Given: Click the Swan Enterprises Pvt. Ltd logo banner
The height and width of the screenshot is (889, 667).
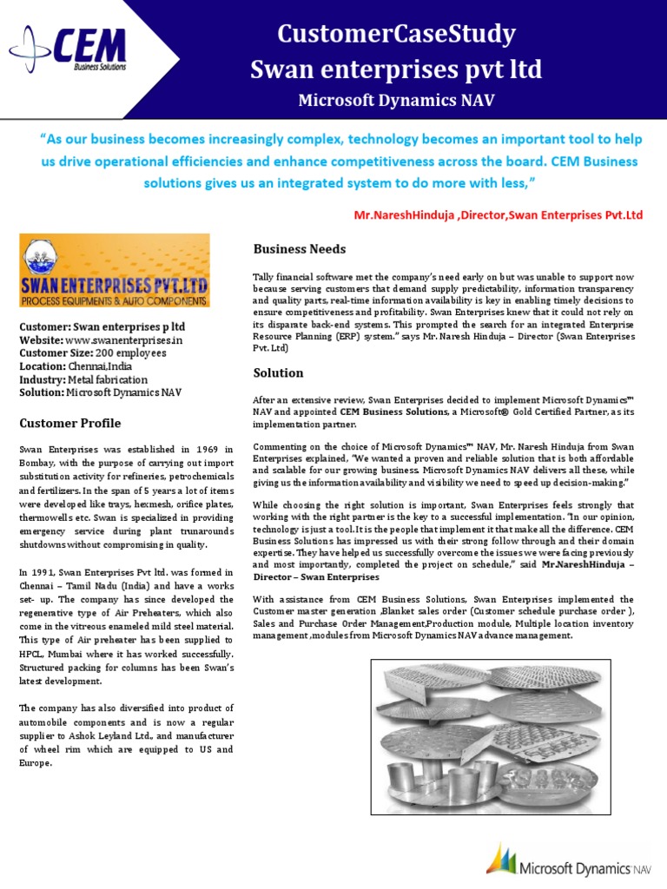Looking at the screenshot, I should click(114, 270).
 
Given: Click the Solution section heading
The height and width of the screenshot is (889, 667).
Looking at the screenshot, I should click(278, 372).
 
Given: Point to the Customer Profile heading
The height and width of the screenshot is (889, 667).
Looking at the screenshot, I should click(70, 423).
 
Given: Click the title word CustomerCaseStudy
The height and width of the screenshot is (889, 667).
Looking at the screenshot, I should click(396, 34).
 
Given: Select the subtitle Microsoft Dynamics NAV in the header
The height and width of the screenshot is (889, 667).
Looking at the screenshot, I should click(396, 100).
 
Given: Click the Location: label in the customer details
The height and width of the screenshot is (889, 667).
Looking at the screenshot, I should click(43, 366).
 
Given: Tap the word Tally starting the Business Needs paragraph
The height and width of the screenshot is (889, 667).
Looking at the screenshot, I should click(264, 276).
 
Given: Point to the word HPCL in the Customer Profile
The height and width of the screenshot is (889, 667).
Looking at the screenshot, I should click(34, 653).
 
